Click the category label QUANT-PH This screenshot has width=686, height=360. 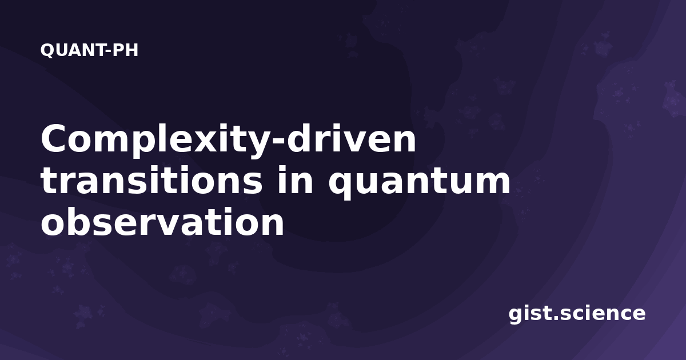point(89,50)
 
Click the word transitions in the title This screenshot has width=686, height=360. point(151,180)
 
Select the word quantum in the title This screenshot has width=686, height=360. point(419,183)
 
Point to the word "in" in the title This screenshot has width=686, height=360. point(295,180)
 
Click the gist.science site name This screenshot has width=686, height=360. point(577,314)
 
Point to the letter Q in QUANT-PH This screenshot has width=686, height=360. point(47,50)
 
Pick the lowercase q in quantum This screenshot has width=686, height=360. point(342,183)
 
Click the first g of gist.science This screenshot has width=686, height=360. point(516,315)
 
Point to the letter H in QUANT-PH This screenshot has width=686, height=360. point(131,50)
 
